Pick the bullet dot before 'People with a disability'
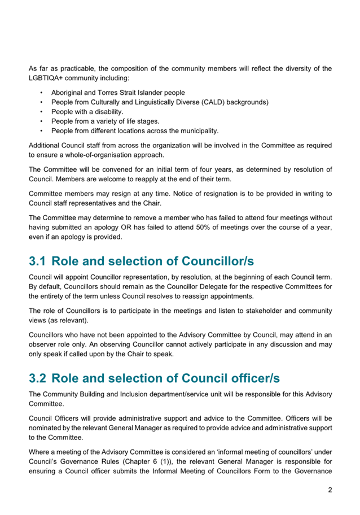[x=41, y=112]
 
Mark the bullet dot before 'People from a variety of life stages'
[x=41, y=121]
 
